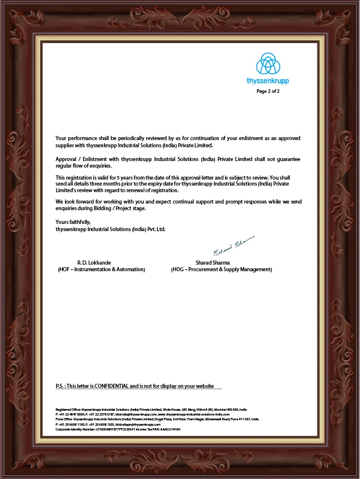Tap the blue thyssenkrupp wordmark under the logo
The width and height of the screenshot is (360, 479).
tap(268, 80)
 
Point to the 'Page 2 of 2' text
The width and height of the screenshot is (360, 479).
tap(268, 92)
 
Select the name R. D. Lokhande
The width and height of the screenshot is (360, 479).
tap(94, 262)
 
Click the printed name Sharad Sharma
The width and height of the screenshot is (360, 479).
tap(213, 262)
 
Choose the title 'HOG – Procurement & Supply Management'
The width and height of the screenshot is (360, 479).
tap(222, 269)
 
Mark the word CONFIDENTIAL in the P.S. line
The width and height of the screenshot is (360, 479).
tap(124, 386)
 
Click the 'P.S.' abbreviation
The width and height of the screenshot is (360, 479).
tap(60, 386)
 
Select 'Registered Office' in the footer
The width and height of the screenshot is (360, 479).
tap(68, 410)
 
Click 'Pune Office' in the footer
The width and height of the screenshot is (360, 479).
tap(64, 419)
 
